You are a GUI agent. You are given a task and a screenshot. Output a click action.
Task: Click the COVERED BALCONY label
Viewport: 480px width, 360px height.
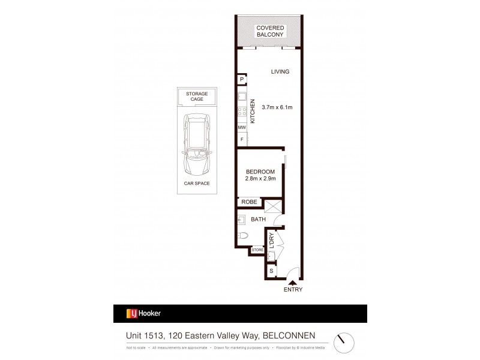pos(269,31)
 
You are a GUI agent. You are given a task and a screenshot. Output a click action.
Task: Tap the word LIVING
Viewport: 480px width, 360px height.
pos(280,71)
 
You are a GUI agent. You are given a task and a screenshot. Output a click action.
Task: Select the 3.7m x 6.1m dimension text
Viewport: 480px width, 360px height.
pos(277,107)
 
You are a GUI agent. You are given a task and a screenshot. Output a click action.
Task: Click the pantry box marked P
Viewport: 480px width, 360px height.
pos(242,80)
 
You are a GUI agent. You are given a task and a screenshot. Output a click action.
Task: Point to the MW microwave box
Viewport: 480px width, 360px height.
pos(242,128)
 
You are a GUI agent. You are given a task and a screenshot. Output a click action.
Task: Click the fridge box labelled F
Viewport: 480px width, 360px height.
pos(242,140)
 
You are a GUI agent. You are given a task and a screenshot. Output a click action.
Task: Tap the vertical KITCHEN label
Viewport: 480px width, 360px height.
pos(253,111)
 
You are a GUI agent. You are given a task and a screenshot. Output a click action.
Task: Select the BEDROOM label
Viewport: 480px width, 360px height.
pos(260,171)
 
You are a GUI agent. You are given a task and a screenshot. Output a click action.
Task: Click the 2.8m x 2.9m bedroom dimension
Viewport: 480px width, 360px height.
pos(260,178)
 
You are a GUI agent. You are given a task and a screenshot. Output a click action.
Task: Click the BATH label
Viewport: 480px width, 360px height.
pos(258,220)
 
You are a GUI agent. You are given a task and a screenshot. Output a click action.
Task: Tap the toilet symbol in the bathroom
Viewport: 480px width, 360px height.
pos(242,235)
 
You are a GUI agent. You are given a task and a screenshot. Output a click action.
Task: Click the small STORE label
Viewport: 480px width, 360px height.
pos(257,250)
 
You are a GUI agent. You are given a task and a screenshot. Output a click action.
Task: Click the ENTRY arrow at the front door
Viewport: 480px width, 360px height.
pos(293,280)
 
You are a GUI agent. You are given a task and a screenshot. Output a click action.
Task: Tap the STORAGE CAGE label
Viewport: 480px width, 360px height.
pos(197,97)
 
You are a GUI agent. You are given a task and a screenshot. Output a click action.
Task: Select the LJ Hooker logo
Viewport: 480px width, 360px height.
pos(143,313)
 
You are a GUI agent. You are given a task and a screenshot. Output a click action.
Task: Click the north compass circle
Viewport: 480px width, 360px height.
pos(344,343)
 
